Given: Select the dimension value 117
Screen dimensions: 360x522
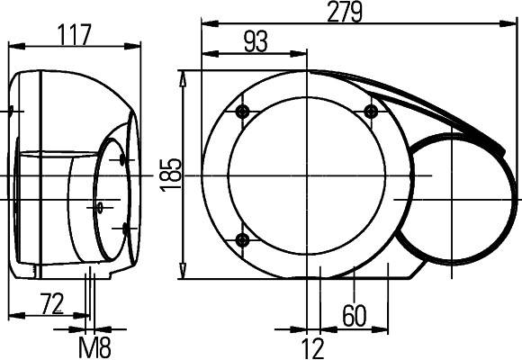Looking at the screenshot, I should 75,35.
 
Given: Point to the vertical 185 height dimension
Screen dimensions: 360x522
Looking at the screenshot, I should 175,171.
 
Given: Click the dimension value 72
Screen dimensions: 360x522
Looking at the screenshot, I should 52,304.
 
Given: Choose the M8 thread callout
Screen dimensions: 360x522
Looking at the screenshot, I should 94,346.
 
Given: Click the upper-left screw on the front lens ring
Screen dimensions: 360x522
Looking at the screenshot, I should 241,111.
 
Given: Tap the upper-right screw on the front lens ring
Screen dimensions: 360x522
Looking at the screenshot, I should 371,111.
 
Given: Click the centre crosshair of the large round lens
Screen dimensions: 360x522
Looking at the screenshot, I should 307,175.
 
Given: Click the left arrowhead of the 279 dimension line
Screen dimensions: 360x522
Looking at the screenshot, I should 205,24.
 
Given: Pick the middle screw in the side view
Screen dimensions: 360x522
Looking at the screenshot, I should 100,206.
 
